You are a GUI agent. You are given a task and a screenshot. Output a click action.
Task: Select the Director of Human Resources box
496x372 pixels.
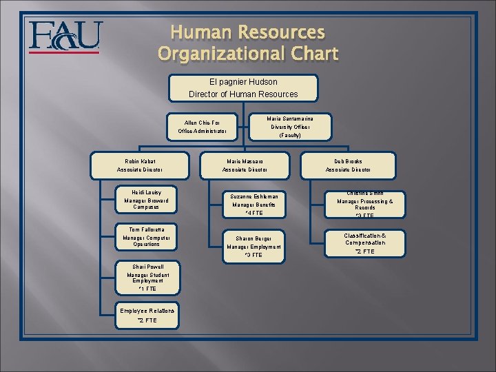coord(243,87)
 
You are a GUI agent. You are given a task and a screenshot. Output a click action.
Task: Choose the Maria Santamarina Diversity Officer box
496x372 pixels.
coord(290,127)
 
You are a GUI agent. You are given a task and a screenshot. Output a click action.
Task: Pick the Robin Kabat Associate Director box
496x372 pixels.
coord(140,165)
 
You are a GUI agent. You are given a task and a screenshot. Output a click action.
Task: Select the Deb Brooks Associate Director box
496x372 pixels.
coord(348,165)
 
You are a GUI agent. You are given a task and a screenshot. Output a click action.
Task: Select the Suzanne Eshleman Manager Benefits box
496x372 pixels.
coord(254,205)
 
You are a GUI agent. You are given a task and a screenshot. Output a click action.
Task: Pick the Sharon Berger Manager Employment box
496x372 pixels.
coord(254,247)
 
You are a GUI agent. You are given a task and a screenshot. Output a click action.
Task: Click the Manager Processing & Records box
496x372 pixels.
coord(365,205)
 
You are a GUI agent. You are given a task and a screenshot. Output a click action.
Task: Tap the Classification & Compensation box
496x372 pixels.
coord(365,243)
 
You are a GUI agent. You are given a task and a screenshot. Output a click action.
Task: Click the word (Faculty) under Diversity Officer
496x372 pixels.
coord(290,136)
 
